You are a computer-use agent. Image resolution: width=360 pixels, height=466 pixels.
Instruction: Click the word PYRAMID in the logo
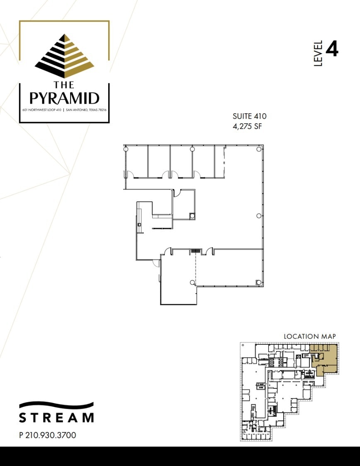tap(64, 98)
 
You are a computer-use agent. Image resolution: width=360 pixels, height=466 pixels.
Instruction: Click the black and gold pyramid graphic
tap(64, 56)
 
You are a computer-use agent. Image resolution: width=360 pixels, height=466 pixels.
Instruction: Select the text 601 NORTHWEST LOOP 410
tap(41, 110)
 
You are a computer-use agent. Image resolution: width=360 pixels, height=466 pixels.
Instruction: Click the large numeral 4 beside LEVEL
tap(332, 49)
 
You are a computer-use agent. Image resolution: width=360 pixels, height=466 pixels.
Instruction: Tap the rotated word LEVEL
tap(318, 54)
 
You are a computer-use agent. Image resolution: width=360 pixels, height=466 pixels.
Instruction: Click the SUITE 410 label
tap(250, 116)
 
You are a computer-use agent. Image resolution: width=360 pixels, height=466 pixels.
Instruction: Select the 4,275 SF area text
tap(248, 126)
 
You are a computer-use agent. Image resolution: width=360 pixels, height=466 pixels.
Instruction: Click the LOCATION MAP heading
tap(309, 336)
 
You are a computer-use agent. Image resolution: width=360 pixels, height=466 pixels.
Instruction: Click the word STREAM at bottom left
tap(56, 417)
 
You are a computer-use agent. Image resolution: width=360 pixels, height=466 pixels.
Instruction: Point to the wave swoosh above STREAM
tap(56, 405)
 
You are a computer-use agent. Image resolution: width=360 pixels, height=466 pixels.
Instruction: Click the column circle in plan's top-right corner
tap(259, 149)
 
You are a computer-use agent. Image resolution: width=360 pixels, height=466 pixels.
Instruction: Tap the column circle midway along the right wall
tap(259, 215)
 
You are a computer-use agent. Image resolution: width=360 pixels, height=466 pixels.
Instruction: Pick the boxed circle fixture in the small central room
tap(192, 215)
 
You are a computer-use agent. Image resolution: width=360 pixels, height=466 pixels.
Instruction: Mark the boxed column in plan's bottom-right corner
tap(259, 282)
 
